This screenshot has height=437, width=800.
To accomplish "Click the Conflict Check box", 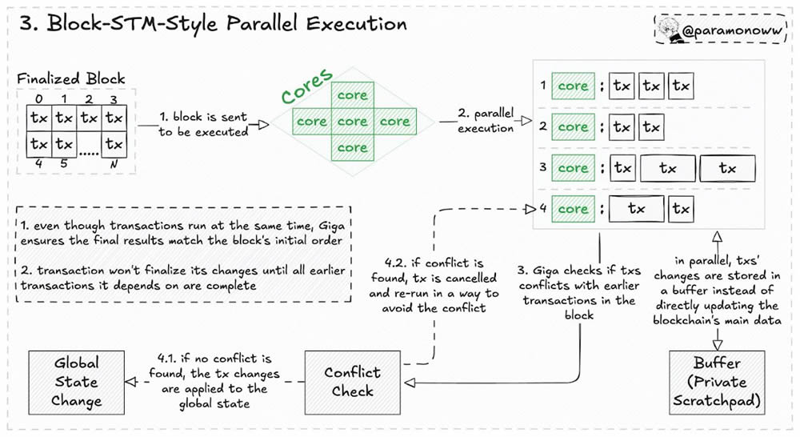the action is [353, 383].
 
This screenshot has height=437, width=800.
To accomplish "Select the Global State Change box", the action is [77, 383].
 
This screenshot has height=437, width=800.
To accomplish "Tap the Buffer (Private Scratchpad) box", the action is [717, 383].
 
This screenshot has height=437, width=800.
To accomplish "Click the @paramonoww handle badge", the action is [722, 30].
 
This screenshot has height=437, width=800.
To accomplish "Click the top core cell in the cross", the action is [353, 95].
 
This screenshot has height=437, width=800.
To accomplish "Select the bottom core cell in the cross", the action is [353, 148].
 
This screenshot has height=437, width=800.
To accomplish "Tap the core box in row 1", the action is [573, 86].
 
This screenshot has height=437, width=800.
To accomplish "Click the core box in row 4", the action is [573, 209].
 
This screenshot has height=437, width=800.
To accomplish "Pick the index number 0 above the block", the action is [38, 98].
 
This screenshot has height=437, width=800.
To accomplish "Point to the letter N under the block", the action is [114, 164].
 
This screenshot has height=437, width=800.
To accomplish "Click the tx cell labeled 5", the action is [64, 145].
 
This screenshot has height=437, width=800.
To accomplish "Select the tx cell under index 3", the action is [114, 118].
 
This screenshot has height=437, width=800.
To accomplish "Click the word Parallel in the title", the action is [262, 23].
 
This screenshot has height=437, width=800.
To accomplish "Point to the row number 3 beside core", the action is [543, 167].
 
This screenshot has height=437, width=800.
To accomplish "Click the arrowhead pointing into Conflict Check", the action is [410, 383].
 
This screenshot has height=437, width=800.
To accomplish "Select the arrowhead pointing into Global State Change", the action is [131, 382].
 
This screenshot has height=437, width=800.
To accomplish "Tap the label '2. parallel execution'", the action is [486, 121].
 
